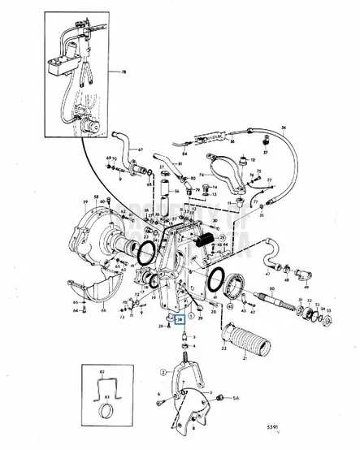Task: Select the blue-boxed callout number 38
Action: pyautogui.click(x=182, y=320)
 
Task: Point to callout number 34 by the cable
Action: pyautogui.click(x=284, y=128)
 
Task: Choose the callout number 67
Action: pyautogui.click(x=139, y=149)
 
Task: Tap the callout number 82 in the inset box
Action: pyautogui.click(x=102, y=371)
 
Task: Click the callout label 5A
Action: pyautogui.click(x=237, y=400)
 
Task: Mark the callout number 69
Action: pyautogui.click(x=108, y=157)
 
